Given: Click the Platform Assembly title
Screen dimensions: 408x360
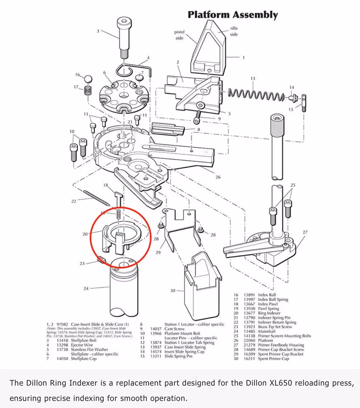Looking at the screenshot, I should [233, 15].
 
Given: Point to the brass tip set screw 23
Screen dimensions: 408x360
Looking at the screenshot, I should [102, 260].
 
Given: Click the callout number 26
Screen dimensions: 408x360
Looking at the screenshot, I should [218, 177].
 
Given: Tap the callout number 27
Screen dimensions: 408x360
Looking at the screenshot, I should [305, 232].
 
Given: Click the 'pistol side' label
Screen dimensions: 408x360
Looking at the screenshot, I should [179, 35].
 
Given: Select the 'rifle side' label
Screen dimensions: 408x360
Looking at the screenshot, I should [234, 31].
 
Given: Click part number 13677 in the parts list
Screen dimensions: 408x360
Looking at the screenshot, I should [249, 313].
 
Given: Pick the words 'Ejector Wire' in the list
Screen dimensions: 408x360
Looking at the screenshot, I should [82, 345].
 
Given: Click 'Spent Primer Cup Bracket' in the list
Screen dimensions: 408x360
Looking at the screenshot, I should [280, 354].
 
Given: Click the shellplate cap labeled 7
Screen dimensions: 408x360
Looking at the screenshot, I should [139, 78].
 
